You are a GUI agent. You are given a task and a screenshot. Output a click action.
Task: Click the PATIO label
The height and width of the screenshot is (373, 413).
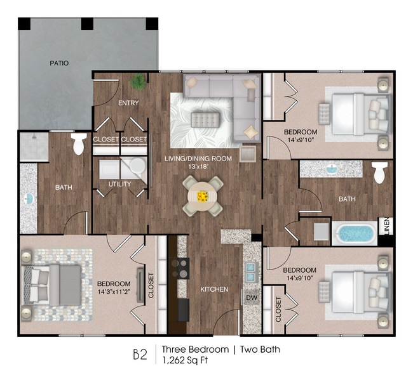point(60,63)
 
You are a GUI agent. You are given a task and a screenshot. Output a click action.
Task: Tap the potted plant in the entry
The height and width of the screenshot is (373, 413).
point(138,81)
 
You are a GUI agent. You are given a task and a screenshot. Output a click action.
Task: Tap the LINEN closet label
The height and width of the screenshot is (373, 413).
point(386,227)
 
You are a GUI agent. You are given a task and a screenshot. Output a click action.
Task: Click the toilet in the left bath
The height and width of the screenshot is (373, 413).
point(79,143)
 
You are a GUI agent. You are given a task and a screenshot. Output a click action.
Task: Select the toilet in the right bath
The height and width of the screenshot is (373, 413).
point(380,172)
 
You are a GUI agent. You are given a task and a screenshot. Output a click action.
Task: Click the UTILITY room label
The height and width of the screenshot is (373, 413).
point(119,185)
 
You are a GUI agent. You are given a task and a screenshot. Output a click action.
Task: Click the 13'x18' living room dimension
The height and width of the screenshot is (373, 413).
point(198,167)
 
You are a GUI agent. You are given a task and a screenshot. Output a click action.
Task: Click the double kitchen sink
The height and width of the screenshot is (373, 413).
point(252,272)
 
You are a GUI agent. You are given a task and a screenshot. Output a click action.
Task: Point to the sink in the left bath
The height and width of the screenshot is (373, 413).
point(29,199)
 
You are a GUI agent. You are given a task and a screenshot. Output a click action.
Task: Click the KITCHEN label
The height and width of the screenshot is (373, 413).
point(214,289)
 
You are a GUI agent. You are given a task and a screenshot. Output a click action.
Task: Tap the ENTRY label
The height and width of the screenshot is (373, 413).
point(128,103)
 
